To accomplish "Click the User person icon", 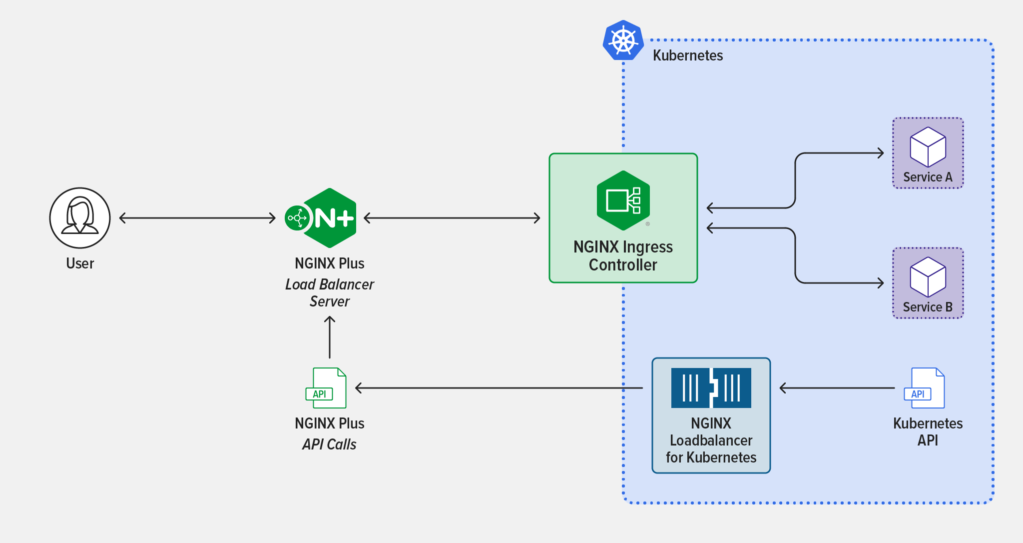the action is click(80, 218).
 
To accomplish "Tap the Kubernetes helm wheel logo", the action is click(623, 40).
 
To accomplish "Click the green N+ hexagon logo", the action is click(321, 218).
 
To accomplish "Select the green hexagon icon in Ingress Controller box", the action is click(623, 200).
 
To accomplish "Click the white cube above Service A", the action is click(928, 147).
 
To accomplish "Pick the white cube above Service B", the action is click(928, 277).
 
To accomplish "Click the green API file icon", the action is click(326, 388).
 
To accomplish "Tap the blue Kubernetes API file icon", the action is click(925, 388).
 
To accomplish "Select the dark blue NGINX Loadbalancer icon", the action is click(711, 388).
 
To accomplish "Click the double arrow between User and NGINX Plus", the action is click(197, 218).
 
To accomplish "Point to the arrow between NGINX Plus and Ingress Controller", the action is click(452, 218).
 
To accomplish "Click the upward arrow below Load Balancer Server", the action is click(330, 337).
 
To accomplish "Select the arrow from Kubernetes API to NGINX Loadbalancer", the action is click(837, 388).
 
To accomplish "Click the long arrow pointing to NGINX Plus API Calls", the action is click(499, 388).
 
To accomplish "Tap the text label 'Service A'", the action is click(928, 177).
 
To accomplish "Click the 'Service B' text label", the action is click(928, 307).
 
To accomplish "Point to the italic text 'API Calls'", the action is click(329, 444).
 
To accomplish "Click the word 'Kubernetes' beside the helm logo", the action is click(688, 55).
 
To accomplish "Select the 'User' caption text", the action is click(80, 263).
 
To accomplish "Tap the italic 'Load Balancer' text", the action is click(330, 284).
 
